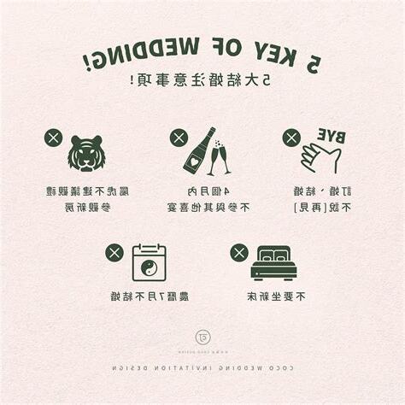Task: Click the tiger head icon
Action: coord(86,153)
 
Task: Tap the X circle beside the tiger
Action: coord(53,138)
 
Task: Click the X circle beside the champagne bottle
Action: coord(178,138)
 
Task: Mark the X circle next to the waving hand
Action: coord(291,138)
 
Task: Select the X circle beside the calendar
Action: coord(114,252)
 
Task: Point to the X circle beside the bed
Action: coord(239,252)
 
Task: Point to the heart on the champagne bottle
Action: coord(193,159)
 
